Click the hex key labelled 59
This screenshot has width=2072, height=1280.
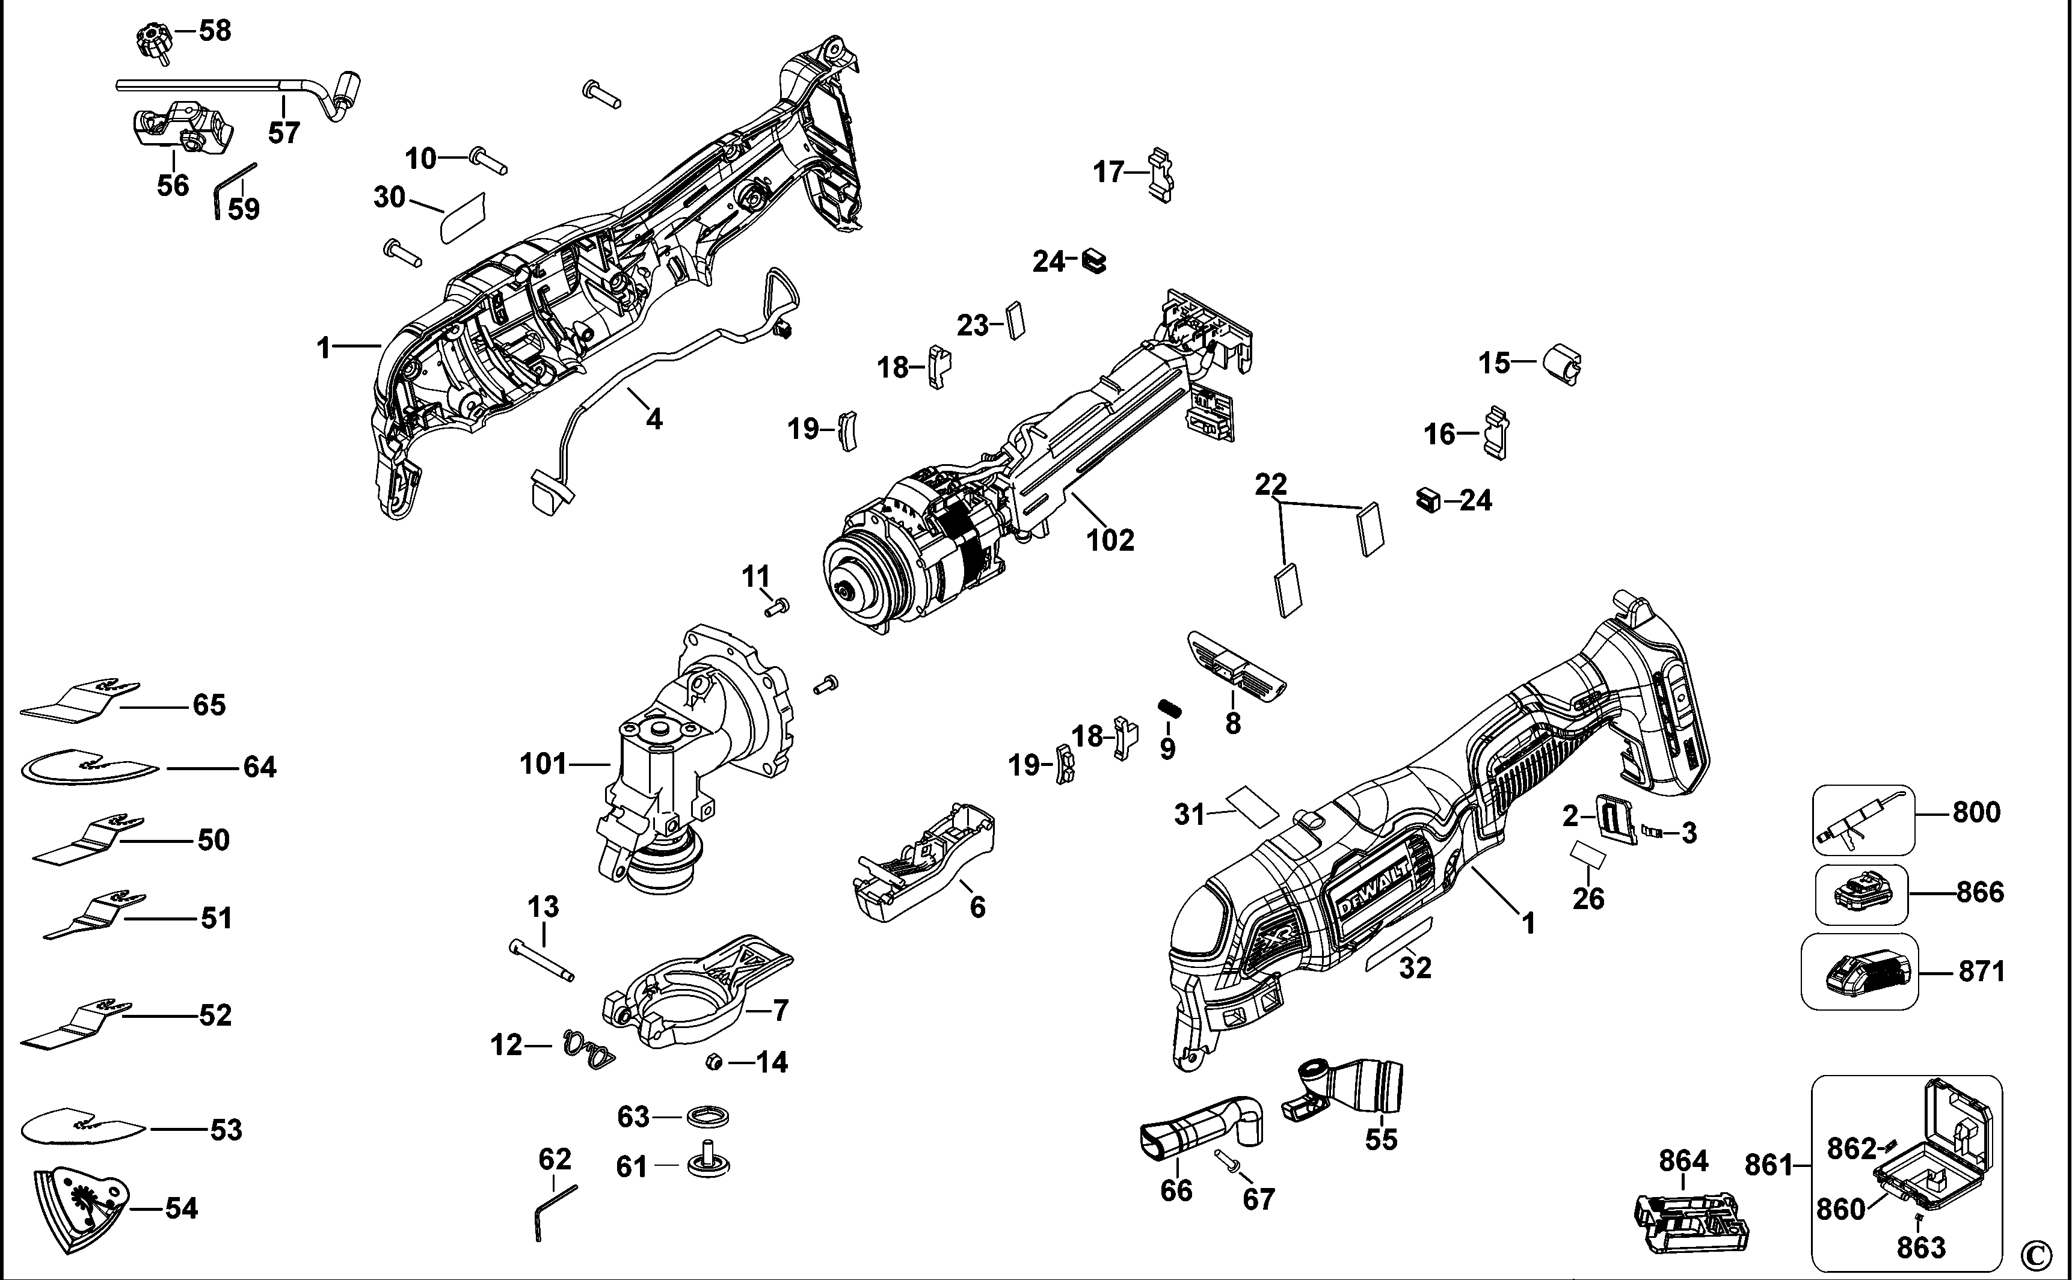click(230, 191)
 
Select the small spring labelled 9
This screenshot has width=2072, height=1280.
click(1169, 707)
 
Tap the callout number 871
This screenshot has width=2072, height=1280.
click(1981, 972)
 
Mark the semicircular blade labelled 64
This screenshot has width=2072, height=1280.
click(89, 768)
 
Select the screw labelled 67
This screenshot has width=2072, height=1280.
click(1226, 1162)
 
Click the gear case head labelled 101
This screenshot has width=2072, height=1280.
click(677, 770)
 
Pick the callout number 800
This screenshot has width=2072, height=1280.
click(1976, 813)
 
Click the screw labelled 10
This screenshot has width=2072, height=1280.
click(488, 161)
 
